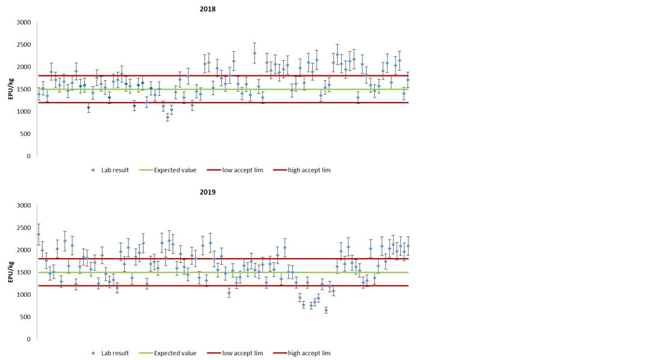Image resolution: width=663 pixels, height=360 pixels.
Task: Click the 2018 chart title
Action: [208, 9]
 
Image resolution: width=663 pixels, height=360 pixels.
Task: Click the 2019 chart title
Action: [208, 192]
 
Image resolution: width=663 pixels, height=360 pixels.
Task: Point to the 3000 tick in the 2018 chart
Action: [24, 23]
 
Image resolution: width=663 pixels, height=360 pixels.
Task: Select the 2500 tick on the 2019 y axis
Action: [24, 228]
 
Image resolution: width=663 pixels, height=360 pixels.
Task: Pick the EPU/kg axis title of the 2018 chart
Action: [11, 89]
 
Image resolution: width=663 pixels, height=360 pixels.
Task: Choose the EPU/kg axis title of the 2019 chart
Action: [11, 272]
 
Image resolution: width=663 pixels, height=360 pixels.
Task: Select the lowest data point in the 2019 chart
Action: [326, 310]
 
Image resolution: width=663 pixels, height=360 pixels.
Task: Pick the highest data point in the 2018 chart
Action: [254, 53]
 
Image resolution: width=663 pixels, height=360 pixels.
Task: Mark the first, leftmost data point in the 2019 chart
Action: [39, 235]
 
